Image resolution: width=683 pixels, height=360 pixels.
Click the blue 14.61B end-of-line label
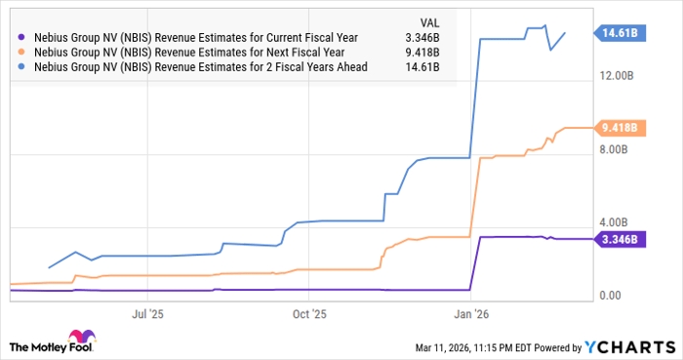[x=620, y=32]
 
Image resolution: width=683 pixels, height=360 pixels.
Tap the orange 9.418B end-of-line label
[x=620, y=128]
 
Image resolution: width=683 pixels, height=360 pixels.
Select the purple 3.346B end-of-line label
[x=620, y=239]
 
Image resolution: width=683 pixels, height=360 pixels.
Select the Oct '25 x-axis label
[x=309, y=314]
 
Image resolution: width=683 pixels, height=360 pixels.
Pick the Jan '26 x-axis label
[x=471, y=314]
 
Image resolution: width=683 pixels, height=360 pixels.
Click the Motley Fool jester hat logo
[x=20, y=346]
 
